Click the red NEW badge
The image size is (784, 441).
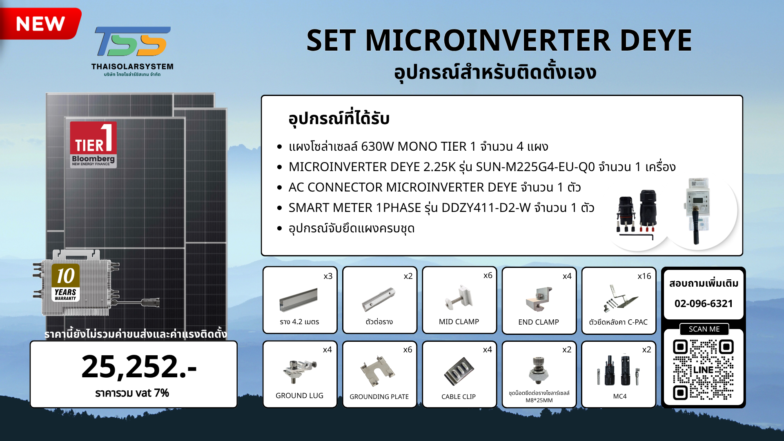click(40, 24)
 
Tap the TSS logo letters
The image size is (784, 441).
click(133, 41)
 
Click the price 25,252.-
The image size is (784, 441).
click(139, 366)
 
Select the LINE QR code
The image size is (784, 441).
click(703, 370)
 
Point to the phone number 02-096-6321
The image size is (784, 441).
click(704, 303)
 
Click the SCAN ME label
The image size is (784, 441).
click(704, 329)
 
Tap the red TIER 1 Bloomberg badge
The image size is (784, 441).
click(93, 145)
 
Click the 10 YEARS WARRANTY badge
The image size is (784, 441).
click(66, 283)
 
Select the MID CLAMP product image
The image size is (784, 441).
click(459, 297)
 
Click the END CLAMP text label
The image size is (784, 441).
click(539, 322)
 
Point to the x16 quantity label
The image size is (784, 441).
click(644, 276)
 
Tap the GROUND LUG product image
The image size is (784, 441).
click(300, 371)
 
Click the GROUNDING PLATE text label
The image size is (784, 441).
click(379, 396)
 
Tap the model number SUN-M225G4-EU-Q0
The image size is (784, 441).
click(535, 167)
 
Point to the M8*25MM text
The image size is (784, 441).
click(539, 401)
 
